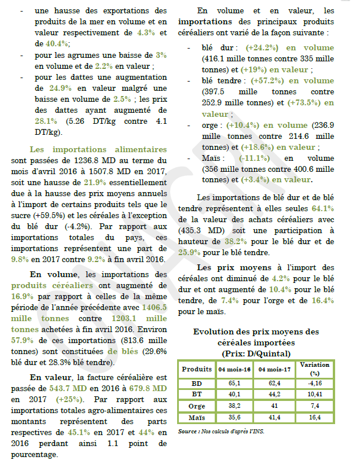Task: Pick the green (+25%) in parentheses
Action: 68,399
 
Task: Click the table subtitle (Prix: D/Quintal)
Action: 256,353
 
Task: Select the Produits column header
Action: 197,369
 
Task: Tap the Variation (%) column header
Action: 315,369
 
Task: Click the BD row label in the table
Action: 197,383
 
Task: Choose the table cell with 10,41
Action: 315,395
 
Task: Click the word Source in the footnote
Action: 187,432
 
